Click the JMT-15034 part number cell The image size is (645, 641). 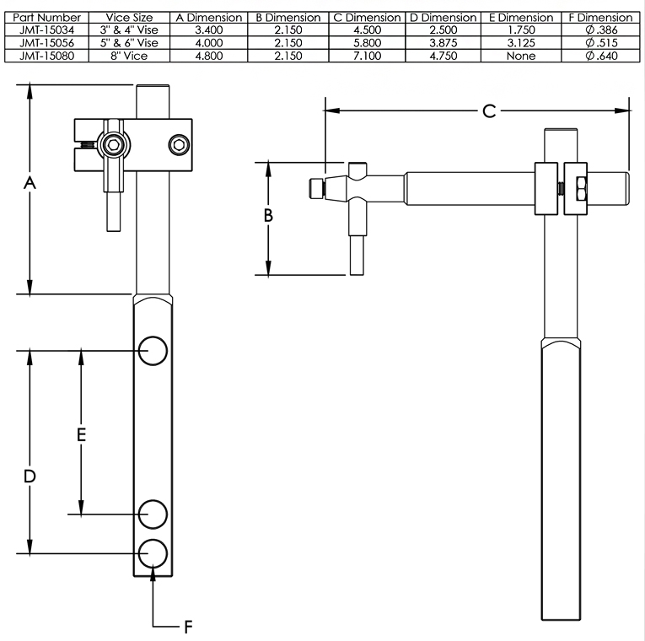(49, 30)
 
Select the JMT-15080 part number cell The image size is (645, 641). (49, 56)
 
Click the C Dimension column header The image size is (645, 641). (366, 17)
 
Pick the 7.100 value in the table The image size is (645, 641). (366, 56)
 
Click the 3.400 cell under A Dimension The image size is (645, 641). (207, 30)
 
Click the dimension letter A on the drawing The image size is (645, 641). (30, 183)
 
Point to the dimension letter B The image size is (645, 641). (268, 215)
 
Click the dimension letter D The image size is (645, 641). (30, 477)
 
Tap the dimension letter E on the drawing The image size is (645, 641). (82, 435)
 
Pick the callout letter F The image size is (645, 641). (189, 627)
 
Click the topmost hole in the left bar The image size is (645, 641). (153, 351)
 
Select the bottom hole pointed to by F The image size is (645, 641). (153, 552)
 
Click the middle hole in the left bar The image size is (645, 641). (153, 513)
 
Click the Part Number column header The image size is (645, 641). (49, 17)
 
